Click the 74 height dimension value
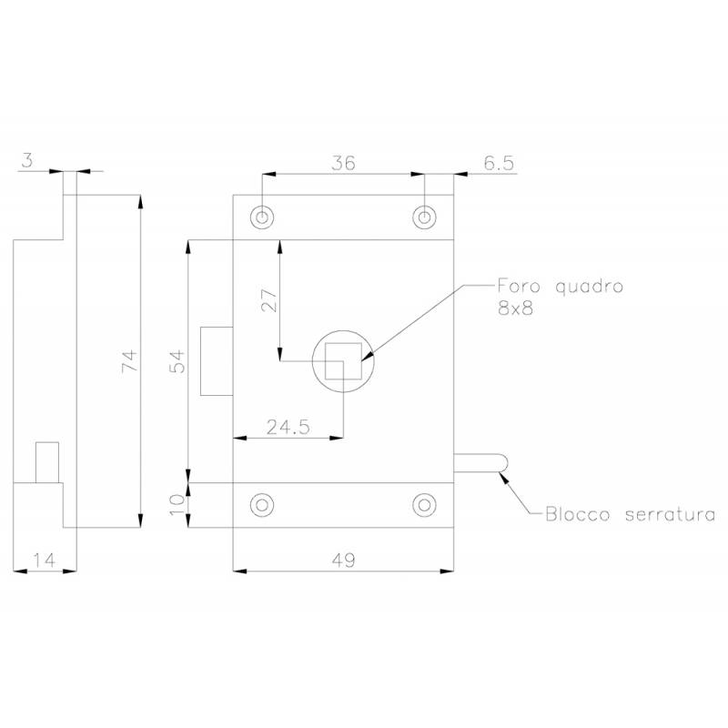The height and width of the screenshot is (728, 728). point(130,360)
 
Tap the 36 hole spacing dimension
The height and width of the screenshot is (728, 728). point(344,163)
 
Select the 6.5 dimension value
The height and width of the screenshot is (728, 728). point(499,163)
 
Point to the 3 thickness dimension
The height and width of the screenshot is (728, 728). point(28,161)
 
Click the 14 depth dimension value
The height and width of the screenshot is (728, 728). point(44,561)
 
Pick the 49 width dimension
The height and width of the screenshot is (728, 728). point(344,561)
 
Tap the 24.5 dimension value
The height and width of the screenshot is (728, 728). point(288,427)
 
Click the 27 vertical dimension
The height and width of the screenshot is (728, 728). point(269,300)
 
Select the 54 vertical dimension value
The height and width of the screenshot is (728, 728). point(177,361)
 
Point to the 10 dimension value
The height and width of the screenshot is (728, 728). point(177,505)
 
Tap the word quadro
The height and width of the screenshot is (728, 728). point(589,287)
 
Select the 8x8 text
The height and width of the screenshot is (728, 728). point(515,308)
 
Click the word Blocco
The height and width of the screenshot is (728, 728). point(577,514)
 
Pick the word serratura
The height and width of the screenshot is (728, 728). point(670,515)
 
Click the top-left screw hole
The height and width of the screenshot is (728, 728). point(262,217)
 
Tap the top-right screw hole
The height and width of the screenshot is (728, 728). point(424,217)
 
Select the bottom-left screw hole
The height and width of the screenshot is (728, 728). point(262,505)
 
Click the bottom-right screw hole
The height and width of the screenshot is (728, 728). point(424,505)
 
